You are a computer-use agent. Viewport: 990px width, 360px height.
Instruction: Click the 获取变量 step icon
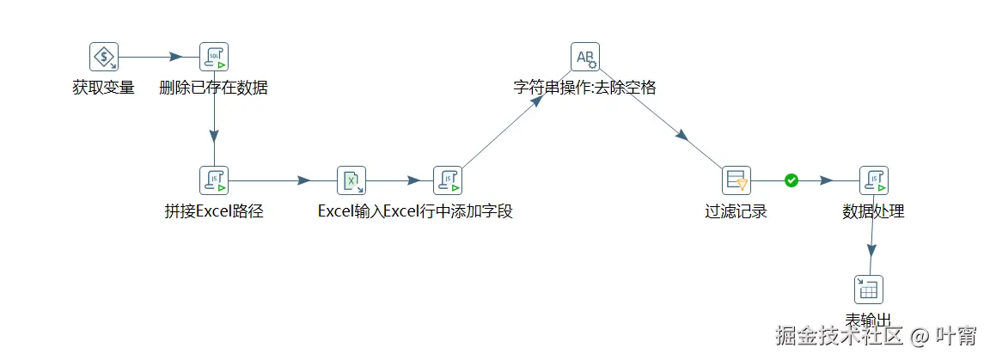(104, 57)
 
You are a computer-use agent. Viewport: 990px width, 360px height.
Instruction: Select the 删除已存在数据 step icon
(214, 57)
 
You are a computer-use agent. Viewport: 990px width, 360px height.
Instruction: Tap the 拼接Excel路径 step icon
(214, 180)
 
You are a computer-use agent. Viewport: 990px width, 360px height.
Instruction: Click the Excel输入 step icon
(351, 180)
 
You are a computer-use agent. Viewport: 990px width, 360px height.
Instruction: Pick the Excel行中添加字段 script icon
(448, 180)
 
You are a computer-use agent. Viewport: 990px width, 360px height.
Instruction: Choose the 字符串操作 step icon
(585, 57)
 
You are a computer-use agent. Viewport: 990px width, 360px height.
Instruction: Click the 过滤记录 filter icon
(736, 180)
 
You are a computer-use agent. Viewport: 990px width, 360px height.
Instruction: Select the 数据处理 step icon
(874, 180)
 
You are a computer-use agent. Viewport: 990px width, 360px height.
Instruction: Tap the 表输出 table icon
(868, 290)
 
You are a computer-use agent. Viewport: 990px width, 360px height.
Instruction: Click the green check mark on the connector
(791, 180)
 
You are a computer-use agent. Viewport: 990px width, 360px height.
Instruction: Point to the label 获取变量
(104, 88)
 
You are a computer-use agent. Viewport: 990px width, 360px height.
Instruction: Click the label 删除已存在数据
(214, 88)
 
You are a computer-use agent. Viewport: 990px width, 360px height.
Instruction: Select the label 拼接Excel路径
(214, 211)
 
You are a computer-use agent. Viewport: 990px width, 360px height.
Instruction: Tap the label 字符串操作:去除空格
(585, 88)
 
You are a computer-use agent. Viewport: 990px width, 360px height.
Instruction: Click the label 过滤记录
(736, 211)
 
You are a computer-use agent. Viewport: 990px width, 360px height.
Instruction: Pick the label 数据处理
(874, 211)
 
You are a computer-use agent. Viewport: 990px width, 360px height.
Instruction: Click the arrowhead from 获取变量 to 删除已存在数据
(175, 57)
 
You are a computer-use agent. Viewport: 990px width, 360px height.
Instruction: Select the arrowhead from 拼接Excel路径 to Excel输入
(303, 180)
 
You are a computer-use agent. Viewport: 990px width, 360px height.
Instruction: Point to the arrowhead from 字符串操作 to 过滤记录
(681, 136)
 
